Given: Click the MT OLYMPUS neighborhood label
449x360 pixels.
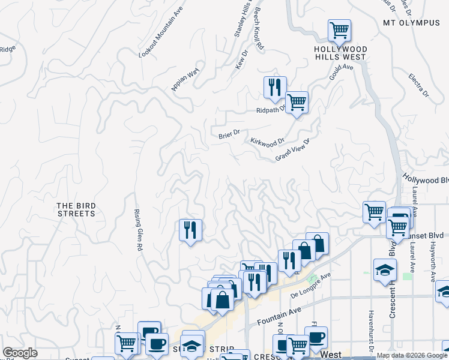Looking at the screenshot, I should pos(411,23).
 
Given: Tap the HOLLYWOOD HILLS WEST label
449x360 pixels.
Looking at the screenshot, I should pos(340,53).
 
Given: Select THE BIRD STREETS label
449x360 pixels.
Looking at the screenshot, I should pos(76,209).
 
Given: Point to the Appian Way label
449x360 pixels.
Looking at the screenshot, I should pos(185,80).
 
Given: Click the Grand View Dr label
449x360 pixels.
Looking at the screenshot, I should pos(292,150).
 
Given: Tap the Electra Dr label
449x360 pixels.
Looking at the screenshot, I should pos(418,85).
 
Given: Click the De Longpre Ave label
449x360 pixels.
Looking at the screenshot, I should pos(311,286).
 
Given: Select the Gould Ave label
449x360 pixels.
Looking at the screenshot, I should pos(341,73).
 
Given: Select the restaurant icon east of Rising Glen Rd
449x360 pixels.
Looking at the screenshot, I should pos(190,230).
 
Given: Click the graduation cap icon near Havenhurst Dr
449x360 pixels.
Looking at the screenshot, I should pos(385,270).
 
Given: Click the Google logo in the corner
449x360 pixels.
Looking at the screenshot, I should pos(20,353).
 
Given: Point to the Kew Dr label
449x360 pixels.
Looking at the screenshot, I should pos(242,60).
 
